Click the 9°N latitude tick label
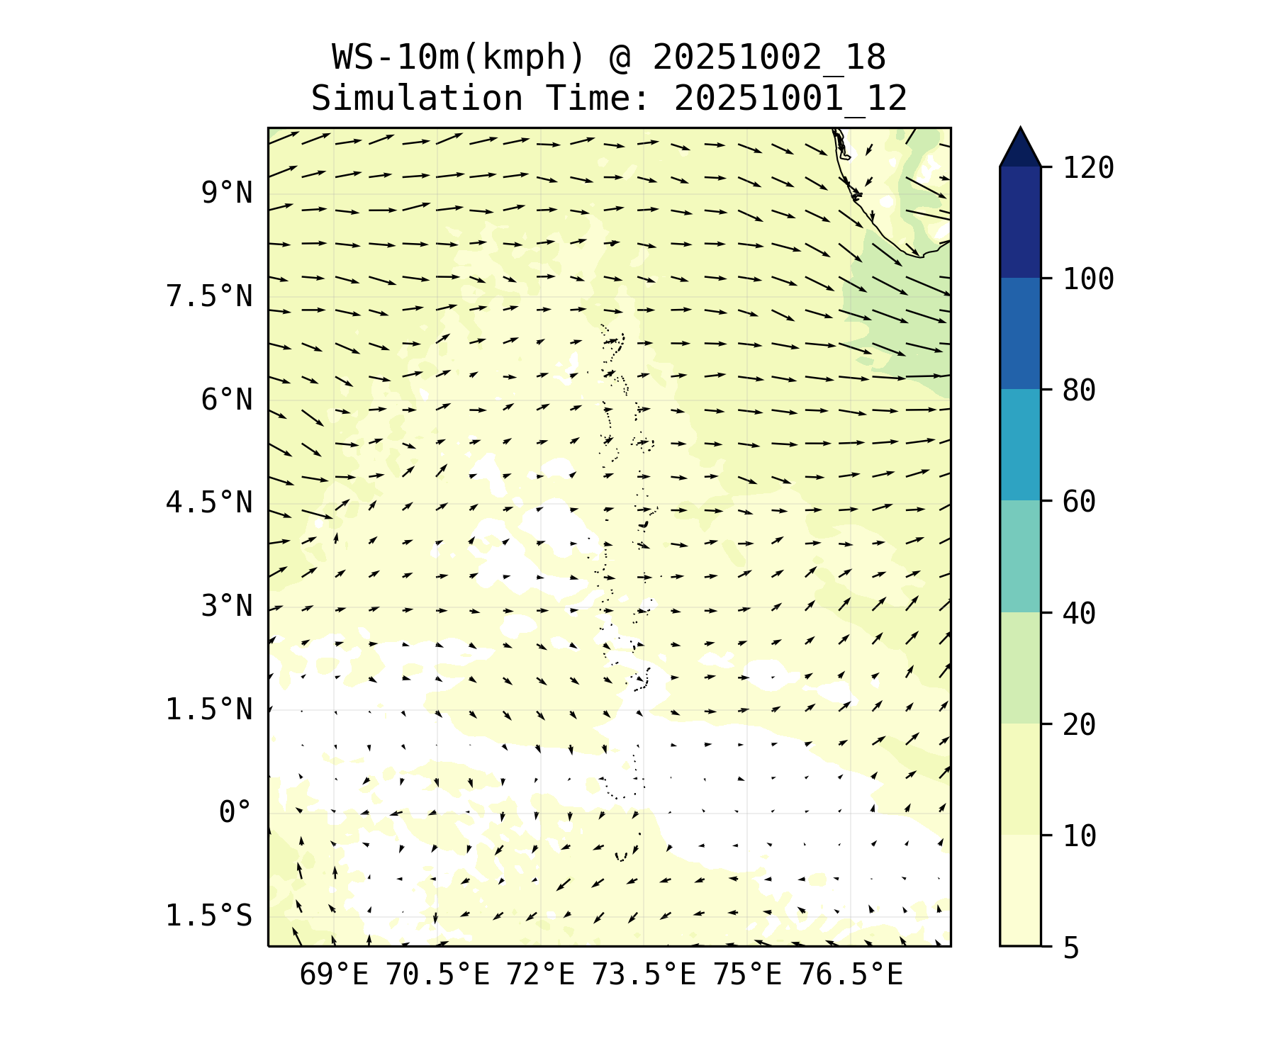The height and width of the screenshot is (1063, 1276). pyautogui.click(x=226, y=193)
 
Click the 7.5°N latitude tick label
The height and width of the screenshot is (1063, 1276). pyautogui.click(x=208, y=296)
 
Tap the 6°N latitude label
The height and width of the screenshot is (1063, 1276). pyautogui.click(x=226, y=400)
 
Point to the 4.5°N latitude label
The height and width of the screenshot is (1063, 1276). pyautogui.click(x=208, y=503)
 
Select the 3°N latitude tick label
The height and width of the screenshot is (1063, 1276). pyautogui.click(x=226, y=607)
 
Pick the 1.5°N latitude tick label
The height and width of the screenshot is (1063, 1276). pyautogui.click(x=208, y=709)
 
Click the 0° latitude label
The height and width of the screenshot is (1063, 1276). pyautogui.click(x=235, y=813)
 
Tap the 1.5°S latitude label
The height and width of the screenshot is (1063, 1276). pyautogui.click(x=208, y=916)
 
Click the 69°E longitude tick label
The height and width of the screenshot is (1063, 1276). pyautogui.click(x=334, y=975)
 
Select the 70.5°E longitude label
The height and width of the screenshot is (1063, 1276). pyautogui.click(x=437, y=975)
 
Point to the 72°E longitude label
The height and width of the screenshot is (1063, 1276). pyautogui.click(x=540, y=975)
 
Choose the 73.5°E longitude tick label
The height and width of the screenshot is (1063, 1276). pyautogui.click(x=644, y=975)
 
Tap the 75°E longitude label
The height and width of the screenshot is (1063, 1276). pyautogui.click(x=747, y=975)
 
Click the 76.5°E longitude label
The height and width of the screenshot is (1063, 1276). pyautogui.click(x=851, y=975)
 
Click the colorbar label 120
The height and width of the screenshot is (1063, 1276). pyautogui.click(x=1088, y=169)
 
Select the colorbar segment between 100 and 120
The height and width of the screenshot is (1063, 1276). pyautogui.click(x=1020, y=222)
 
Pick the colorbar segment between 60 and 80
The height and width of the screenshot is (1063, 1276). pyautogui.click(x=1020, y=444)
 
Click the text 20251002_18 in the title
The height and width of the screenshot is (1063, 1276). pyautogui.click(x=769, y=57)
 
